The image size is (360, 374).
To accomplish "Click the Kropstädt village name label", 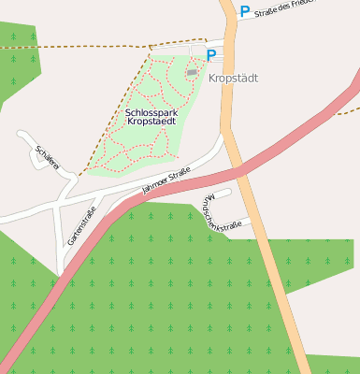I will click(233, 79).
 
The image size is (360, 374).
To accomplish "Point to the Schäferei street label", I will click(48, 156).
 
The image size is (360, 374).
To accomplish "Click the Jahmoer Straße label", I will click(166, 180).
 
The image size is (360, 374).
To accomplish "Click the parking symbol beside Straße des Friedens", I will click(245, 12).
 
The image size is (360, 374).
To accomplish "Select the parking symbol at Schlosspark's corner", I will click(211, 55).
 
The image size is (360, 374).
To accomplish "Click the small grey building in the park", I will click(192, 72).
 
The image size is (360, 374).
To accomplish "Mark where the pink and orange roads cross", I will click(242, 170).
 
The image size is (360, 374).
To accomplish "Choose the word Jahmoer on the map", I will click(154, 185).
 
